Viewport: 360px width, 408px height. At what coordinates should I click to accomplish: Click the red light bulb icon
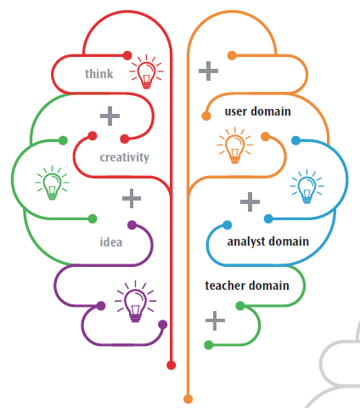[146, 71]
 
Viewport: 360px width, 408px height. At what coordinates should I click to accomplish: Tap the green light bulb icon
[52, 183]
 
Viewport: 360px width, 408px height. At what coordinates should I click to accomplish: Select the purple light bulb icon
[135, 301]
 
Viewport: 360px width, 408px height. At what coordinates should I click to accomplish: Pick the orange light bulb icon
[234, 145]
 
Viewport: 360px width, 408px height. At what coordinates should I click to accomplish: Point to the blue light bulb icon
[307, 186]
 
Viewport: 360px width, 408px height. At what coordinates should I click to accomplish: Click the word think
[99, 74]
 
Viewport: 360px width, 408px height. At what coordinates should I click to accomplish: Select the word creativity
[124, 157]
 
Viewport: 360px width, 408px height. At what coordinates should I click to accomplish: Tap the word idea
[111, 242]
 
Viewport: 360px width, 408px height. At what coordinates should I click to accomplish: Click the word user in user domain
[236, 111]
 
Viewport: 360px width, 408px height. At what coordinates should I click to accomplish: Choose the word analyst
[246, 241]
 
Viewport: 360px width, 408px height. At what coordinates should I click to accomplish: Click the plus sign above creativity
[110, 116]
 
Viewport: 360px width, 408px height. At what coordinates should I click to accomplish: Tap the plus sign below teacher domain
[215, 320]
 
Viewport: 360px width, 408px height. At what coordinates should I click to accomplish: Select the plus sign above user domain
[208, 71]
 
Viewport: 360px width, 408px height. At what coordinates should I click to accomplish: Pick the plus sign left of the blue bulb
[250, 201]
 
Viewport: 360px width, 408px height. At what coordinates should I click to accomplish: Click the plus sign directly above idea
[132, 198]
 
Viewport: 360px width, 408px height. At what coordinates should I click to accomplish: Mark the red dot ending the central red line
[171, 365]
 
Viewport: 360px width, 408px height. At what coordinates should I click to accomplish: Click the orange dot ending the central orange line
[188, 399]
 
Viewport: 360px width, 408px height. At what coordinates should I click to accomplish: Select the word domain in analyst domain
[289, 241]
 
